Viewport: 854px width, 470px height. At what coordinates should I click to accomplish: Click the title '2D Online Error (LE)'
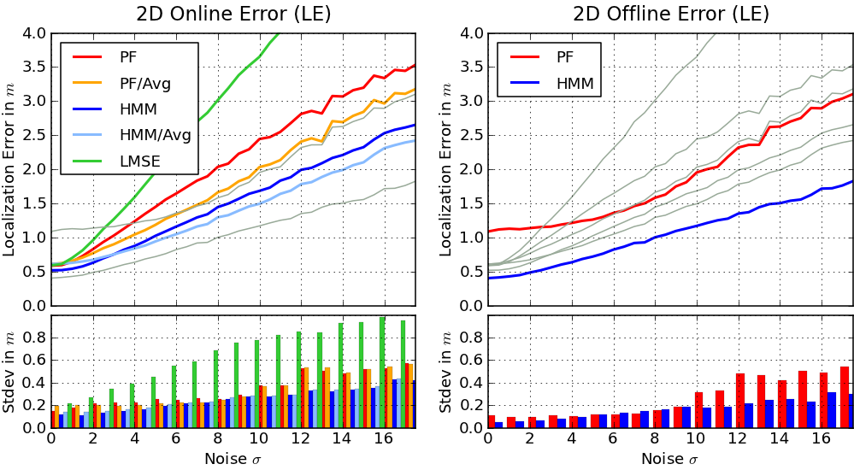pyautogui.click(x=233, y=14)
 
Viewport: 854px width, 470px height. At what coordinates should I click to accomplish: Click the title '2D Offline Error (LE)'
pyautogui.click(x=670, y=14)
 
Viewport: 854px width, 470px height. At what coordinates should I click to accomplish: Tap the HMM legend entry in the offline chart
pyautogui.click(x=575, y=84)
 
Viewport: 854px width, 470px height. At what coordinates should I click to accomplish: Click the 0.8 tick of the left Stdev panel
pyautogui.click(x=34, y=338)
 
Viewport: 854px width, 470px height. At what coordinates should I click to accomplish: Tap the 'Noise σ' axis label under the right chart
pyautogui.click(x=670, y=459)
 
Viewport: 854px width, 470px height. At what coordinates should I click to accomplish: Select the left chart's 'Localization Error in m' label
pyautogui.click(x=10, y=169)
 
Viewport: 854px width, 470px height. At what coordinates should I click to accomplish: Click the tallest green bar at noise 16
pyautogui.click(x=382, y=372)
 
